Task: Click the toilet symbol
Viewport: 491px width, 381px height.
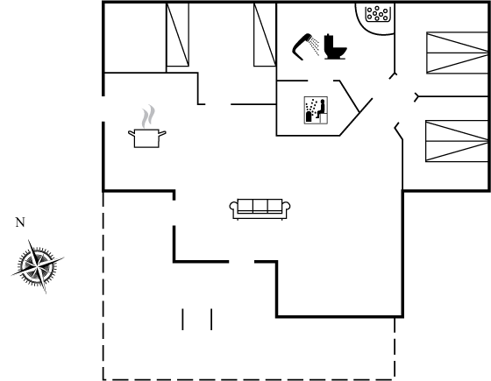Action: pos(335,46)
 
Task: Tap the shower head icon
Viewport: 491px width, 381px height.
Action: pos(302,46)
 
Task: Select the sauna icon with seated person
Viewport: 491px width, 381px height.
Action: pos(316,110)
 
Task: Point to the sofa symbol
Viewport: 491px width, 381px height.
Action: pos(260,209)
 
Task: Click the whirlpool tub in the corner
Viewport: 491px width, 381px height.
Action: pos(375,18)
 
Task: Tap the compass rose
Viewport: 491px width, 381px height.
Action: pos(38,266)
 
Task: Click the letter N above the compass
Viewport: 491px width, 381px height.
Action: pos(20,222)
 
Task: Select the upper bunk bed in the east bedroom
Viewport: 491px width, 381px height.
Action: pos(457,53)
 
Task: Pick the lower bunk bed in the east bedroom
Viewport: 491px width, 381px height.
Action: pos(457,141)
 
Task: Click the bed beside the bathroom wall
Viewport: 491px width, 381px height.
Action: pos(265,35)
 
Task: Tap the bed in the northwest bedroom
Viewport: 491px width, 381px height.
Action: pos(177,35)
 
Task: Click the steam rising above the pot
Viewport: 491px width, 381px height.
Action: pos(148,116)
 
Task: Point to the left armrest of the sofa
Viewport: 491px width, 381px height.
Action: pos(233,209)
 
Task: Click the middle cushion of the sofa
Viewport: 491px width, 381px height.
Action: pos(260,206)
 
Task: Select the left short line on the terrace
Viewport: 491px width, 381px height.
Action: pos(183,320)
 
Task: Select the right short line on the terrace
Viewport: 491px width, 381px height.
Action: pos(211,320)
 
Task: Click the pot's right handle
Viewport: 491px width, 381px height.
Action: pos(162,133)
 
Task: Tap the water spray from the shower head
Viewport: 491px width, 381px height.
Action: pos(315,46)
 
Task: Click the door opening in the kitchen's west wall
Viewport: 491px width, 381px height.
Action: pos(103,109)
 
